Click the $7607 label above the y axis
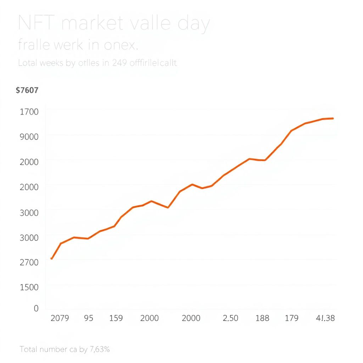pyautogui.click(x=27, y=90)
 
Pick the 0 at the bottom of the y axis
pyautogui.click(x=36, y=308)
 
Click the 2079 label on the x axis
pyautogui.click(x=60, y=318)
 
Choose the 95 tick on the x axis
pyautogui.click(x=89, y=318)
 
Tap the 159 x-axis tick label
pyautogui.click(x=116, y=318)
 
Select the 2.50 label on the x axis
pyautogui.click(x=230, y=318)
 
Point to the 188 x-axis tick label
pyautogui.click(x=262, y=318)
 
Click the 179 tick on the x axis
pyautogui.click(x=291, y=318)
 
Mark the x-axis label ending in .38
pyautogui.click(x=325, y=318)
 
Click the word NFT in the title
pyautogui.click(x=35, y=24)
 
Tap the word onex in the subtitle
pyautogui.click(x=119, y=45)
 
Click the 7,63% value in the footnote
pyautogui.click(x=100, y=349)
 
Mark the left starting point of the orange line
pyautogui.click(x=52, y=258)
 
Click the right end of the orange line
pyautogui.click(x=333, y=118)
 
